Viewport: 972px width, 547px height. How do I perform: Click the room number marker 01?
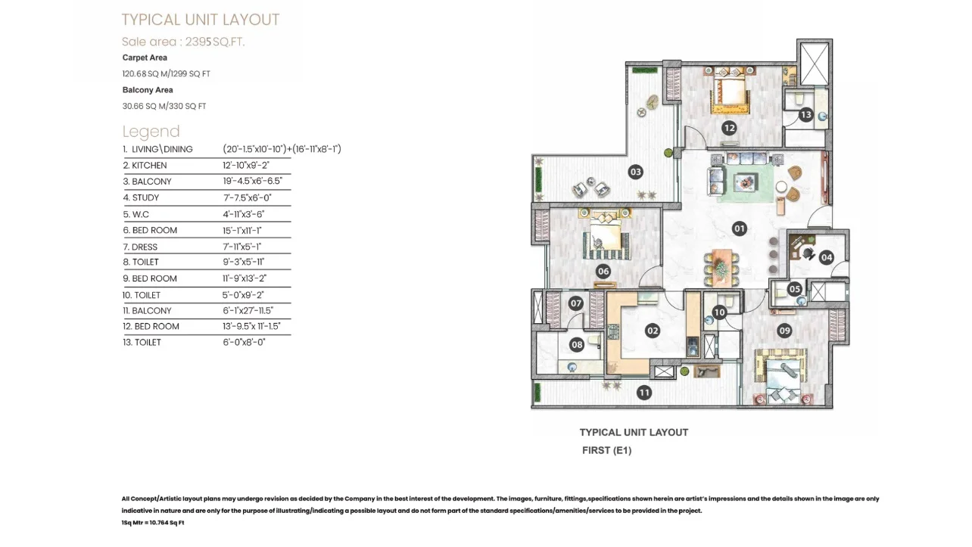click(x=739, y=228)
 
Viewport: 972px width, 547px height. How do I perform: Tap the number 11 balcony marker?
click(x=644, y=393)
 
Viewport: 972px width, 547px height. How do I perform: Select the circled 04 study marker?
click(x=826, y=258)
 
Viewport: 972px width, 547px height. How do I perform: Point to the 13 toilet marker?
click(x=805, y=115)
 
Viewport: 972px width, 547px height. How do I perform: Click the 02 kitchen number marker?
click(x=653, y=331)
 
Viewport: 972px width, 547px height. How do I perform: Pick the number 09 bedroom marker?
click(x=784, y=331)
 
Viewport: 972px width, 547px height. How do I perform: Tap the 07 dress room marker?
click(x=576, y=303)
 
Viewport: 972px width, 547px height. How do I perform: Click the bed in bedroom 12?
click(x=731, y=90)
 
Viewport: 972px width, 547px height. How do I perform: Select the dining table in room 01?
click(x=721, y=268)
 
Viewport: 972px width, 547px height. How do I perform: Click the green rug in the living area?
click(x=745, y=182)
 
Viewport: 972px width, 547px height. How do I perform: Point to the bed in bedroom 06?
click(x=606, y=235)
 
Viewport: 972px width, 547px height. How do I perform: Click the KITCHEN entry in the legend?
click(x=145, y=165)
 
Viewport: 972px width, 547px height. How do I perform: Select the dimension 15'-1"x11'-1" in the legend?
click(x=242, y=230)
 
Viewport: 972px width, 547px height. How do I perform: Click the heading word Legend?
click(x=151, y=132)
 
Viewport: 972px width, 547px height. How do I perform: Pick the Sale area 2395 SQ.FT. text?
click(x=183, y=42)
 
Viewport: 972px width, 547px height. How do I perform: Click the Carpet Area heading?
click(x=145, y=57)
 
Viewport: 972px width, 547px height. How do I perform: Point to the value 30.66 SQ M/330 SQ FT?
click(x=164, y=106)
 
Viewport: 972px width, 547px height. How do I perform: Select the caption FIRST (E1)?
click(x=606, y=450)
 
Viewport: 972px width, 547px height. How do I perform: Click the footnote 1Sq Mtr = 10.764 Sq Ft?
click(x=153, y=523)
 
